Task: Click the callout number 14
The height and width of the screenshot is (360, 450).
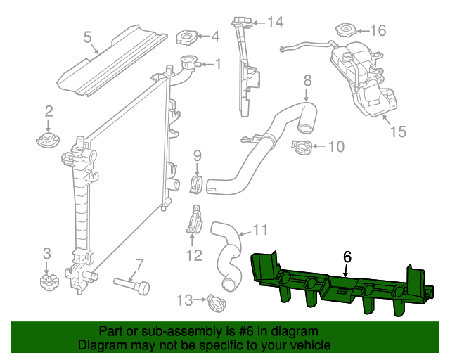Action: point(274,22)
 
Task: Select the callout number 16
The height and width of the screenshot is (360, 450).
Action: point(378,30)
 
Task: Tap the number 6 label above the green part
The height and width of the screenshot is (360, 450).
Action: point(347,257)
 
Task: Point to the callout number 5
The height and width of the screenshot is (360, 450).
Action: point(88,37)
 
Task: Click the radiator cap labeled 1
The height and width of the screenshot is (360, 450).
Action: point(188,63)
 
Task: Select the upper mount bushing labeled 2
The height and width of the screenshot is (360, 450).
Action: point(48,136)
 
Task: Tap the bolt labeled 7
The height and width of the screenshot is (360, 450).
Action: point(132,284)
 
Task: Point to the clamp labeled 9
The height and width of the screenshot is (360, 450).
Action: point(197,185)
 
